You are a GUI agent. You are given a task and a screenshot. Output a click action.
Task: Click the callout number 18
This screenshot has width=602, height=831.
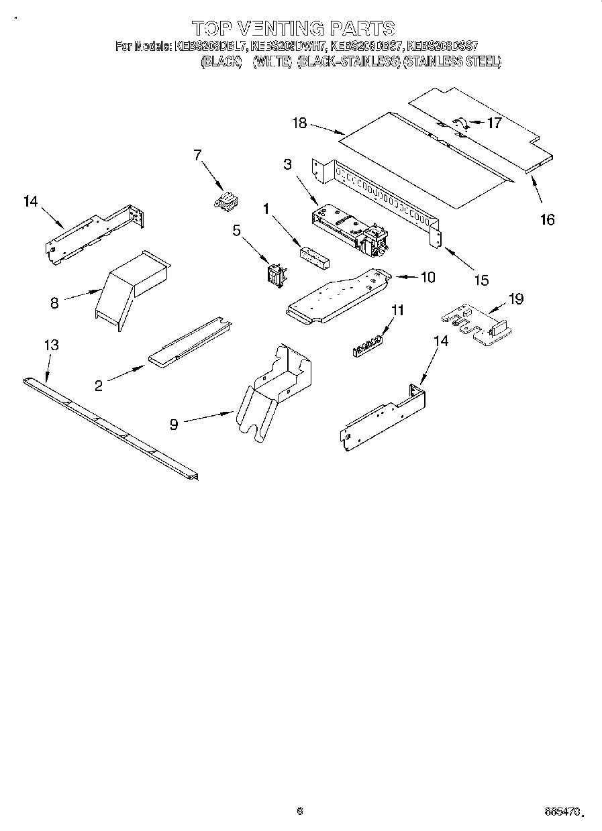[299, 123]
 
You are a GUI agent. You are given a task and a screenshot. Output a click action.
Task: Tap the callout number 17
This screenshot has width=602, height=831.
[495, 123]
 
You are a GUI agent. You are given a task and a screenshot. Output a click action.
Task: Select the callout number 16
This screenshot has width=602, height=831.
[548, 219]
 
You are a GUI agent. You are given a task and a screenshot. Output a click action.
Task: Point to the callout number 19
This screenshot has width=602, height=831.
[516, 299]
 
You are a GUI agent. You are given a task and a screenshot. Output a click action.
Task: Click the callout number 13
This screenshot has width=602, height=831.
[51, 345]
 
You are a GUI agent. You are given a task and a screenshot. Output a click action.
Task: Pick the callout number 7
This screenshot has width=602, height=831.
[197, 156]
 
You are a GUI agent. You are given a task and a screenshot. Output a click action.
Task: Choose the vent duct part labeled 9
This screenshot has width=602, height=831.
[272, 396]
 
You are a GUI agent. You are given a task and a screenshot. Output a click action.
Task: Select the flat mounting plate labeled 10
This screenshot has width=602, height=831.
[336, 295]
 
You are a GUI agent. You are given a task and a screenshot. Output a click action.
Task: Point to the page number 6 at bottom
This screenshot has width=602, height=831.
[300, 811]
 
